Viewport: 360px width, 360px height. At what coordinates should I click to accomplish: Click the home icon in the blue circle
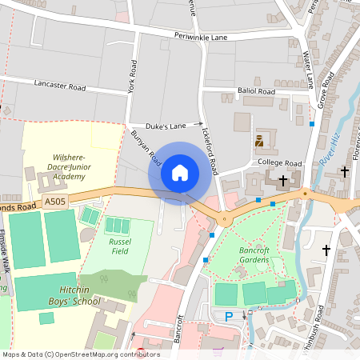tap(180, 173)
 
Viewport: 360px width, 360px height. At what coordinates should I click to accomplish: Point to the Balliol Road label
tap(256, 92)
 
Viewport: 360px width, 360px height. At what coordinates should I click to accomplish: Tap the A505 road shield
tap(56, 202)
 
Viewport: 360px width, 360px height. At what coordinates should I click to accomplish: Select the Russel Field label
tap(119, 245)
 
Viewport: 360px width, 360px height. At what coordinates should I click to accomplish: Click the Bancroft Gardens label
tap(254, 254)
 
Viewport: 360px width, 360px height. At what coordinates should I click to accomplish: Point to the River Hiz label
tap(328, 151)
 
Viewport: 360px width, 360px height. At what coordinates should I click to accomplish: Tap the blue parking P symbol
tap(229, 317)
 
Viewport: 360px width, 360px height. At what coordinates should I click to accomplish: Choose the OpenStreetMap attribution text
tap(81, 354)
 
